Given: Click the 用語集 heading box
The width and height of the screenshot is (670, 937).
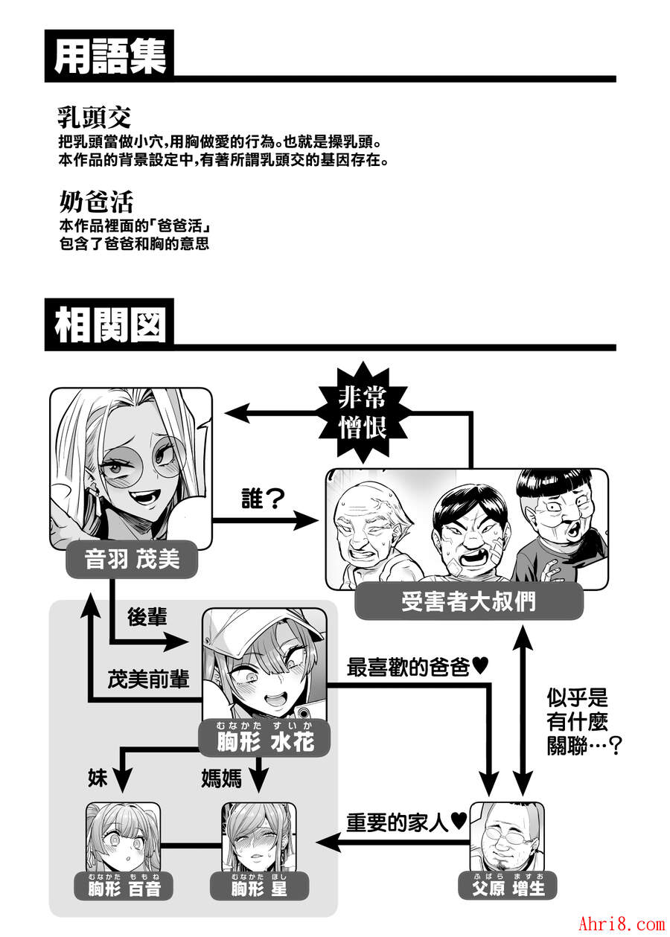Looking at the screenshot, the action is [x=109, y=56].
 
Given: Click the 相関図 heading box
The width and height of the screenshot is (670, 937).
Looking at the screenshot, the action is [x=109, y=324].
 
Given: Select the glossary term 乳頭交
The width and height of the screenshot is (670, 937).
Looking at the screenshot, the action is [x=94, y=117].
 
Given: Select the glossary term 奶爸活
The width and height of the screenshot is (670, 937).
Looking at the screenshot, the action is [x=96, y=202].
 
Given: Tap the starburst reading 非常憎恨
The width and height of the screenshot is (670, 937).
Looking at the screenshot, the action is [x=363, y=412].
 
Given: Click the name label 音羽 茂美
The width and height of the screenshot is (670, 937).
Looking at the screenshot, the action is [x=132, y=559].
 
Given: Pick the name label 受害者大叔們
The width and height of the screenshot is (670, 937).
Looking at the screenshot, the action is [x=468, y=601].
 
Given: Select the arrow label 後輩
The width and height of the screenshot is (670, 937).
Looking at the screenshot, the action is [x=147, y=616].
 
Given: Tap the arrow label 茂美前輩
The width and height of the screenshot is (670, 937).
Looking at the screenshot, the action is [x=148, y=679].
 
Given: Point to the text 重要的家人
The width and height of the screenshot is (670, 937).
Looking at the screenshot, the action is [x=397, y=823].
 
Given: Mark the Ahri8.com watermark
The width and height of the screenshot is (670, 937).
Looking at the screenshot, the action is [x=622, y=923].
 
